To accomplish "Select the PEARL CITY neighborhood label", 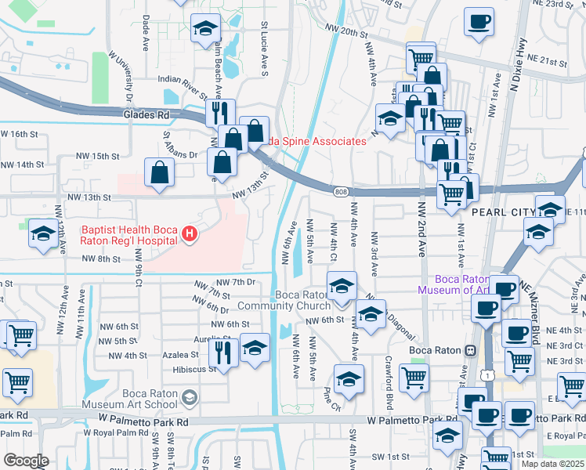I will point(501,211).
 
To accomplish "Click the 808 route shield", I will point(340,192).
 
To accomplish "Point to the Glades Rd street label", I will point(146,114).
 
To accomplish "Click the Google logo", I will point(26,461).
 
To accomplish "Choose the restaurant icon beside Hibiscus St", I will point(227,352).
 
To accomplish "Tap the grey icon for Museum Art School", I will point(189,399).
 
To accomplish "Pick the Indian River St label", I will point(185,80).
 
